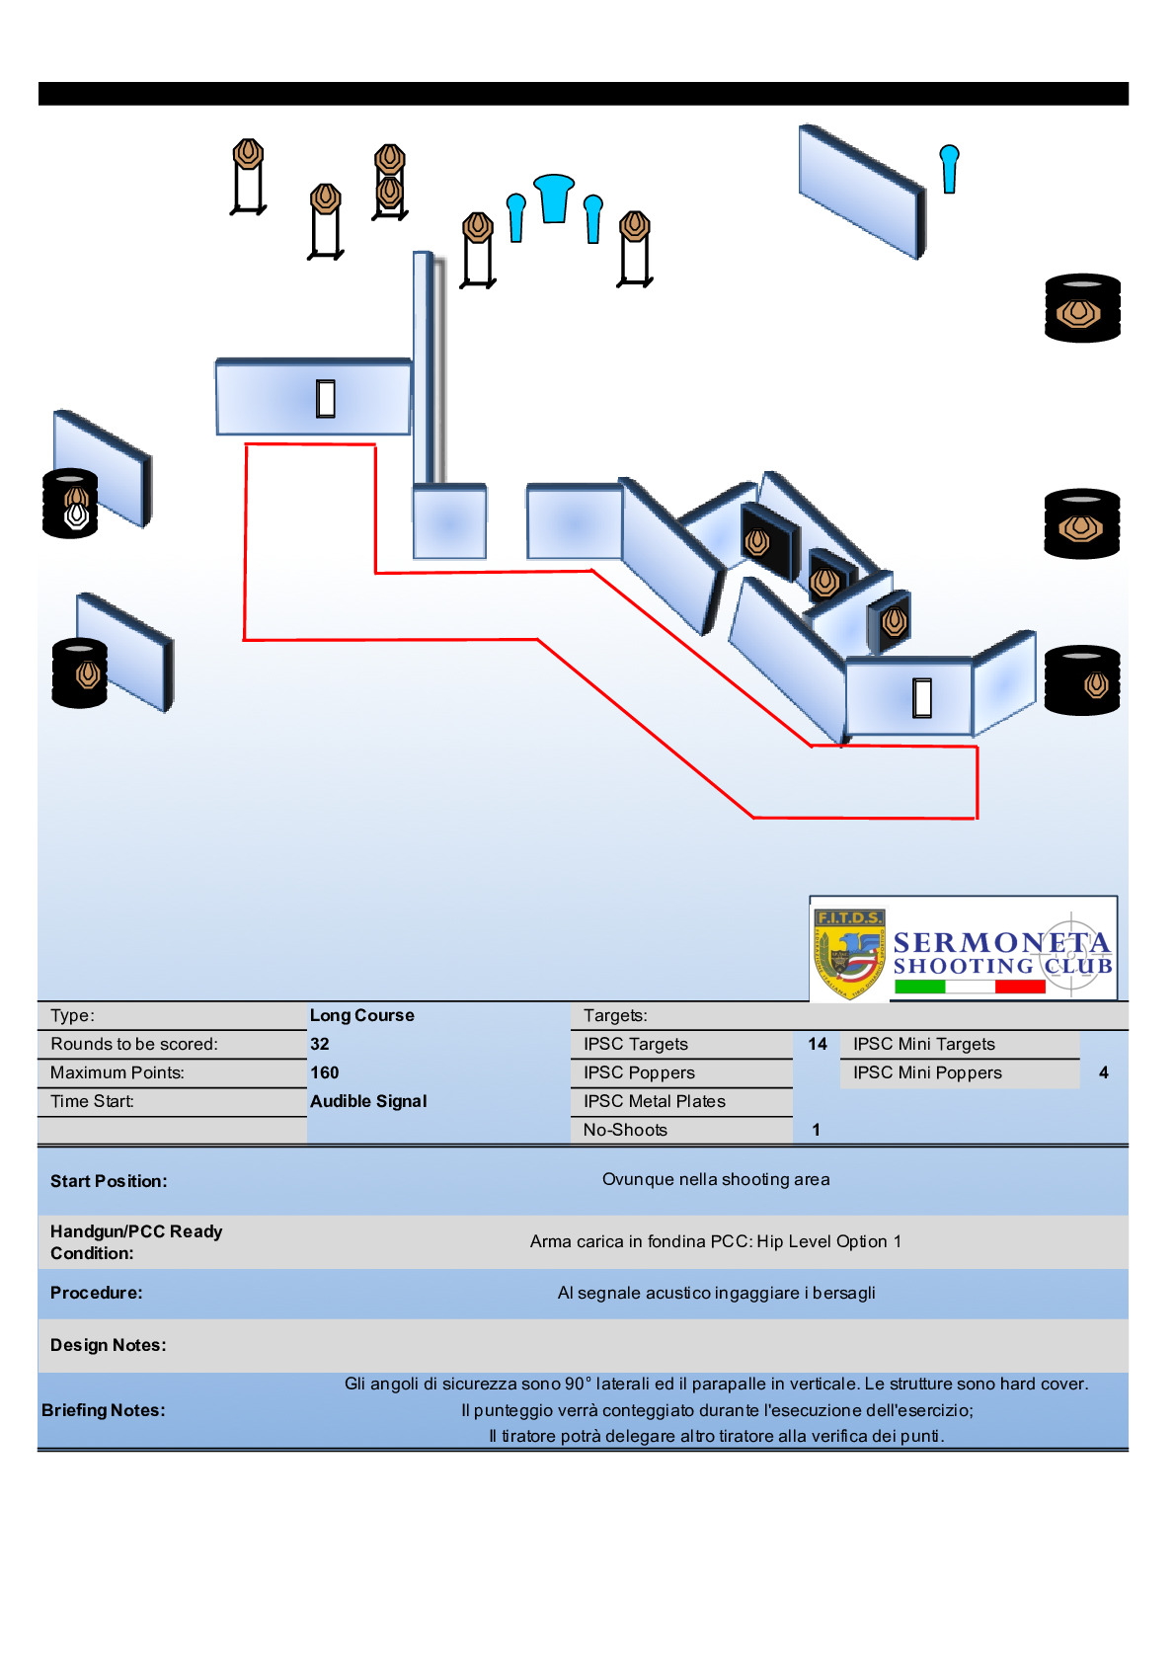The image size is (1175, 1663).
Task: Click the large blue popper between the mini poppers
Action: pos(553,198)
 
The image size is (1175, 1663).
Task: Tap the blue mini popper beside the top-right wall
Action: pos(949,168)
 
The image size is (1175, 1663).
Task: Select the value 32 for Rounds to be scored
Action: pos(320,1044)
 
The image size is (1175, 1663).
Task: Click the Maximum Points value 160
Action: pos(324,1072)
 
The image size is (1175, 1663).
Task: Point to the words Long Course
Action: pos(361,1015)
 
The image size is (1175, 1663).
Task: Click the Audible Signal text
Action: pos(368,1101)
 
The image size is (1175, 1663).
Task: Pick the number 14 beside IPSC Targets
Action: pos(818,1044)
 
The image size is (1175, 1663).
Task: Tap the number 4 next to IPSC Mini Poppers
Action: pos(1103,1072)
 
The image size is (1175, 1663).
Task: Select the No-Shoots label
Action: pos(625,1130)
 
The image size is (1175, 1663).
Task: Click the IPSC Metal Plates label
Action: pos(654,1101)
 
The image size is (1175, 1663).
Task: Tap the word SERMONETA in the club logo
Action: pos(1001,942)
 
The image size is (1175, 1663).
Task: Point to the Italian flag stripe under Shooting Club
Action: pos(969,987)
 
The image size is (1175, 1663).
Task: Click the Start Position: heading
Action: pos(109,1181)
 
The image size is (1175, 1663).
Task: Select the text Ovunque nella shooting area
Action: pos(716,1179)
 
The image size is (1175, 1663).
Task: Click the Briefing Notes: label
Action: pos(103,1410)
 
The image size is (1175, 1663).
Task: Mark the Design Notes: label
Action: pos(109,1345)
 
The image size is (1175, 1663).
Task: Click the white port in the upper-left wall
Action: pos(326,398)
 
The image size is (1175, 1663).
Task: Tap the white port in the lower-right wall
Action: pos(922,697)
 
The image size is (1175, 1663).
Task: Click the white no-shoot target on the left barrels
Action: pos(76,516)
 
